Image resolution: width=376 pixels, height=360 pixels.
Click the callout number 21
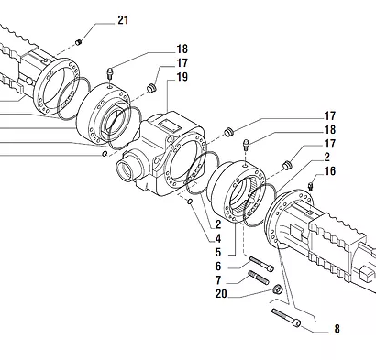[x=123, y=20]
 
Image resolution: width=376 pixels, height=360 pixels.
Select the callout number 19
[x=182, y=77]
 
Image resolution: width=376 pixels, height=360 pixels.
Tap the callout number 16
[x=330, y=171]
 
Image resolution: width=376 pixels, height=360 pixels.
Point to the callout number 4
[x=218, y=238]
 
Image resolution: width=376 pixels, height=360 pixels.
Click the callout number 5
[x=218, y=252]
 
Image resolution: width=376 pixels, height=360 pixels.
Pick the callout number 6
[x=218, y=267]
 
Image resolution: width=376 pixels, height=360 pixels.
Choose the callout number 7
[x=218, y=280]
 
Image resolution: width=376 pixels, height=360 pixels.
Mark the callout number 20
[x=221, y=294]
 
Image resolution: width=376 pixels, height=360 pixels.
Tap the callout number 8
[x=337, y=329]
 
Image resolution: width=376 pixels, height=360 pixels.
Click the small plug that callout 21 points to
[x=79, y=41]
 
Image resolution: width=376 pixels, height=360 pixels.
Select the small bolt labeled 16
[x=311, y=186]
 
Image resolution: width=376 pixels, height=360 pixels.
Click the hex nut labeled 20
[x=277, y=289]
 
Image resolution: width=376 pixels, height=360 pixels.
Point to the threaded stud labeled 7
[x=259, y=278]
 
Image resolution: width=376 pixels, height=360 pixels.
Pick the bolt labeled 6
[x=261, y=265]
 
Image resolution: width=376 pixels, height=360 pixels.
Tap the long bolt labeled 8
[x=286, y=318]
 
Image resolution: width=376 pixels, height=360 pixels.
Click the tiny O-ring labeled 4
[x=190, y=202]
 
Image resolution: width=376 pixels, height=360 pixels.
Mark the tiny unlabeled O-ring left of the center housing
[x=105, y=154]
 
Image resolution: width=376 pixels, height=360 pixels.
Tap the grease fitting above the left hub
[x=110, y=73]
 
